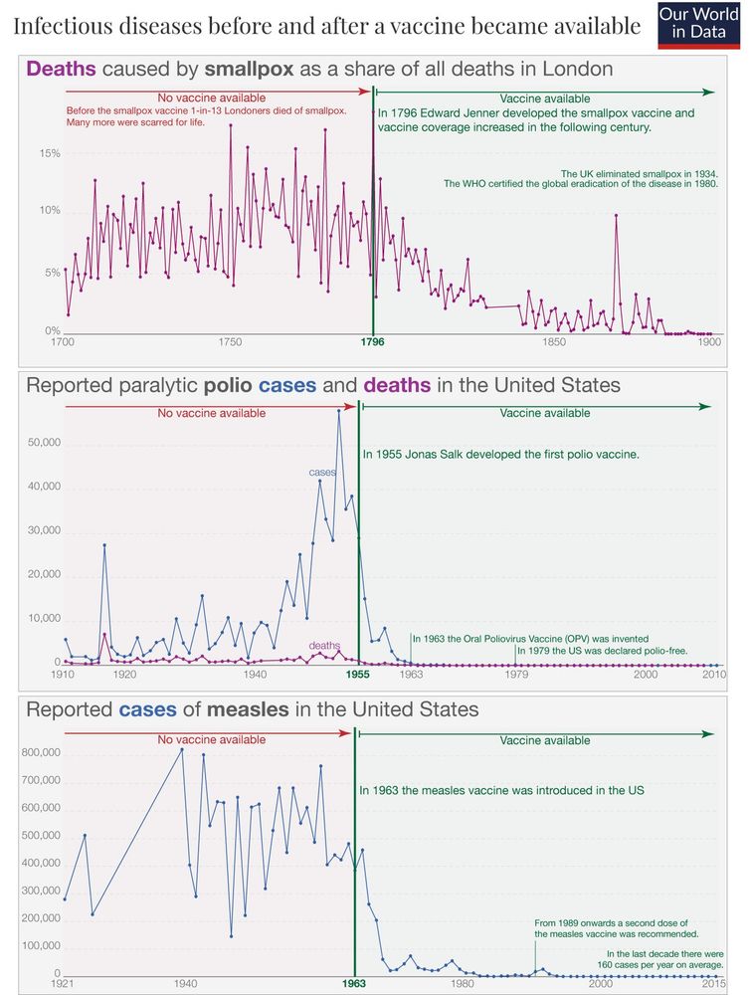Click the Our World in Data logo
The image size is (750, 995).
tap(700, 26)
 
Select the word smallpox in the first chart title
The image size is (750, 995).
tap(251, 70)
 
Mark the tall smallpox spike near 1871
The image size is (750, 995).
tap(616, 216)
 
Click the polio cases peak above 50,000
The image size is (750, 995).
tap(338, 411)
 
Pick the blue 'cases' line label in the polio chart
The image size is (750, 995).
tap(322, 472)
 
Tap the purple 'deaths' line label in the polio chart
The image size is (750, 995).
tap(324, 646)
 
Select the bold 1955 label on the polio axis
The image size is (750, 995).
tap(357, 675)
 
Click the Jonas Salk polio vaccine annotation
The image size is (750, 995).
tap(500, 454)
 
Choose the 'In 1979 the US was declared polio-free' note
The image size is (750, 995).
tap(602, 651)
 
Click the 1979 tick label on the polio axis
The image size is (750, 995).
tap(516, 675)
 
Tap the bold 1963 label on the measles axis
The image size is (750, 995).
tap(355, 984)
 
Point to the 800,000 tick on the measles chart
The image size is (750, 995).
tap(41, 753)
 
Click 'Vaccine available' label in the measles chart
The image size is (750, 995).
tap(544, 740)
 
